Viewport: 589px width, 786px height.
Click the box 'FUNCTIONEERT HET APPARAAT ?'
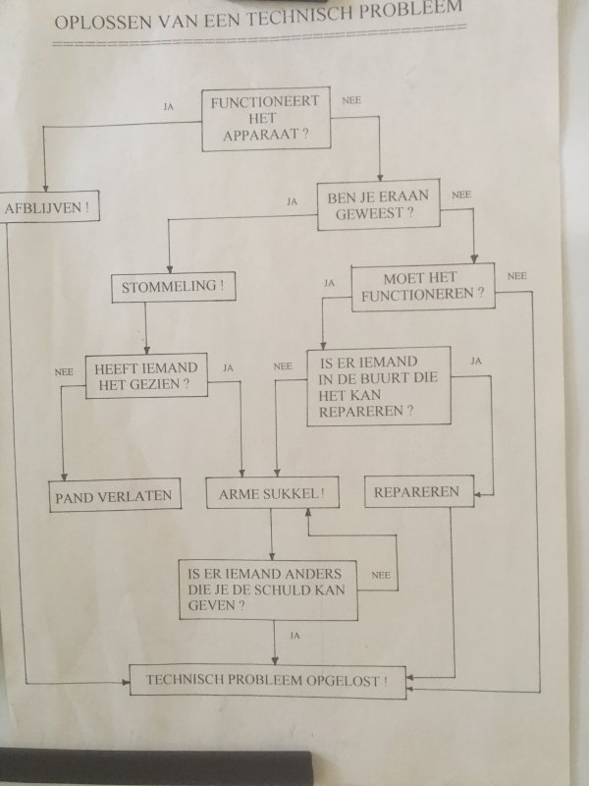point(264,119)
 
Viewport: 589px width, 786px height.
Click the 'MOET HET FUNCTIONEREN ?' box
point(422,287)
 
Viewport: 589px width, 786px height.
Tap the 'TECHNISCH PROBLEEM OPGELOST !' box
point(266,680)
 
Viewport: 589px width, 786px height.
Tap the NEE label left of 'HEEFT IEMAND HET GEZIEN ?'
point(65,372)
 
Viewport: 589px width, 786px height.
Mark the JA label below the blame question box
point(294,637)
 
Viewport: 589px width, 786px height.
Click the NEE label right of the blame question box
point(381,575)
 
